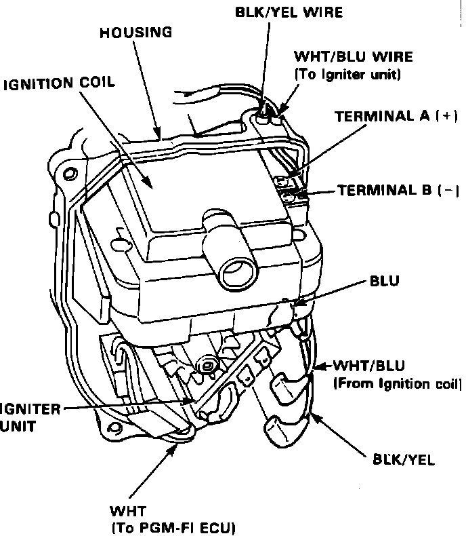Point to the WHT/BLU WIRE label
352,57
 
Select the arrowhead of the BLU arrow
292,307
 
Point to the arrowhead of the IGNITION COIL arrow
150,184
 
